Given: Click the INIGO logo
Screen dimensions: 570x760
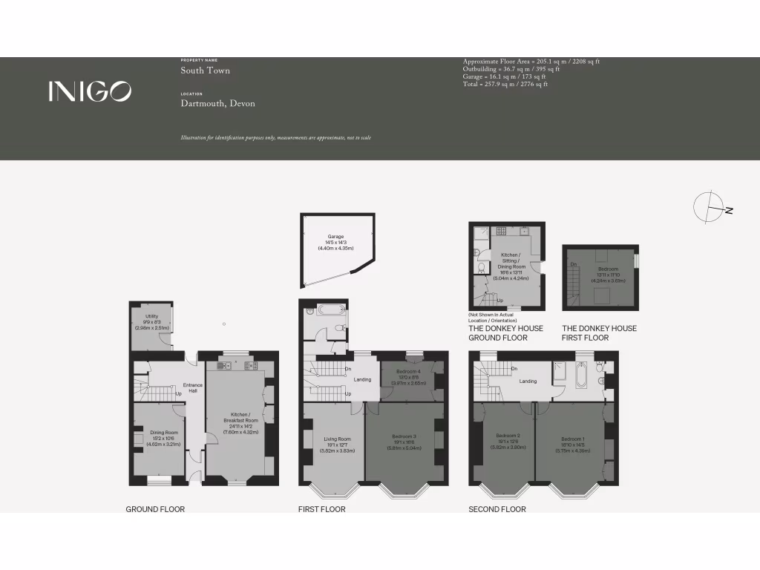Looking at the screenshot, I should [x=90, y=91].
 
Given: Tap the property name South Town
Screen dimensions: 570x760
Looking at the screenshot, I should [x=205, y=71].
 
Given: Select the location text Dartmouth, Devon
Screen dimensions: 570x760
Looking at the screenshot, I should [x=217, y=103].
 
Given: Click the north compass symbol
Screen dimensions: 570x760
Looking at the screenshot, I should [x=710, y=207].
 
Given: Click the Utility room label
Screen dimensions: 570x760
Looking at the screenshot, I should [x=151, y=317].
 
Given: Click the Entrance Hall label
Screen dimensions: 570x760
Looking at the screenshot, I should [x=192, y=387].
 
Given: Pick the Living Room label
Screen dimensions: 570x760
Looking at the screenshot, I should [x=336, y=439].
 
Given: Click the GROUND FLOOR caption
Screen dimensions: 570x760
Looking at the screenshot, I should [x=155, y=509].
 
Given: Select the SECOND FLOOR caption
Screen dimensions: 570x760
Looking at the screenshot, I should [x=497, y=509].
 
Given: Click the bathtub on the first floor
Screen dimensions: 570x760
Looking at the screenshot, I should [x=330, y=310].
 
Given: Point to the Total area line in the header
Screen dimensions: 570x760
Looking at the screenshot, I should [x=505, y=85].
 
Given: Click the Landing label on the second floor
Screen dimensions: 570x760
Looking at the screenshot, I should [x=528, y=381].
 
